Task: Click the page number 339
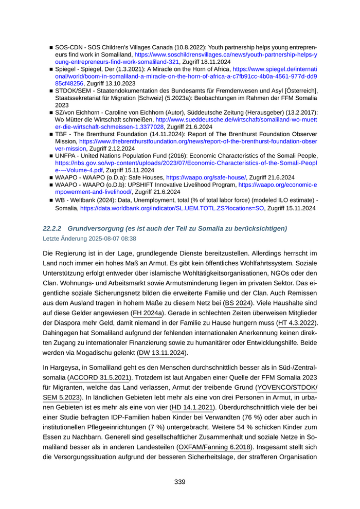(179, 482)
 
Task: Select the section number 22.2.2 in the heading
(52, 228)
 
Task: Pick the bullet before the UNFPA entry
(51, 155)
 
